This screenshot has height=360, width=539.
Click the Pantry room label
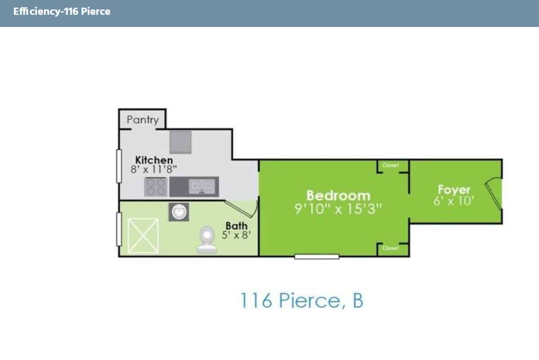tap(142, 120)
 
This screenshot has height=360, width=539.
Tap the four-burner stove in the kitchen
tap(156, 187)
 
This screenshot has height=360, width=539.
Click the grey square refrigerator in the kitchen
tap(180, 142)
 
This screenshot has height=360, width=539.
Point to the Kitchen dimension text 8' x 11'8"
tap(154, 169)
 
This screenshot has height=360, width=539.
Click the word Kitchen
tap(154, 160)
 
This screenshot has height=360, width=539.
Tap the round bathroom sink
tap(178, 211)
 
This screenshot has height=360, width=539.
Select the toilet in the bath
tap(207, 241)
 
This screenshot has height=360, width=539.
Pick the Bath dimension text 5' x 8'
tap(236, 234)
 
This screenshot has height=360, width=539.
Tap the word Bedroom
tap(338, 196)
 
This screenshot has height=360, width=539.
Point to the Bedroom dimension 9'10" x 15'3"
tap(338, 209)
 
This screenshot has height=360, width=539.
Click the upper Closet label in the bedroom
tap(390, 166)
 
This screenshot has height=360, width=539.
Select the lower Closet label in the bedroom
tap(390, 248)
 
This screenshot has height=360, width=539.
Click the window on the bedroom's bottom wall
tap(317, 256)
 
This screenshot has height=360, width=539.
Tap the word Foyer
tap(454, 189)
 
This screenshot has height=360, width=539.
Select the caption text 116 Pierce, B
tap(301, 301)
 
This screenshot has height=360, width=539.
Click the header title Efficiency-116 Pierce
tap(62, 12)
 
